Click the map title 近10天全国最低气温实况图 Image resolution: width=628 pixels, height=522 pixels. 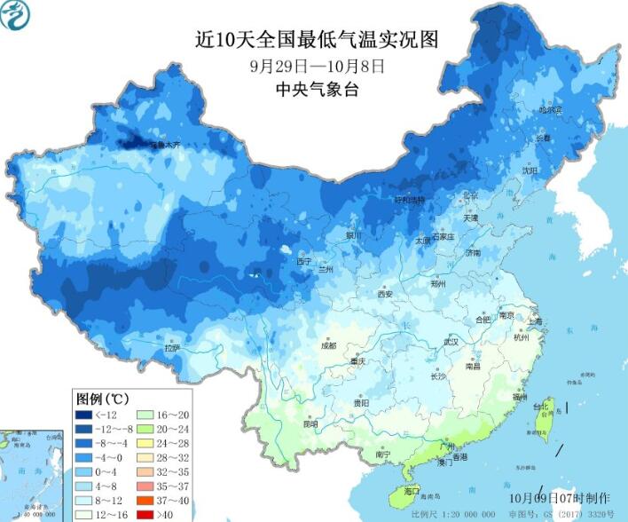[x=317, y=40]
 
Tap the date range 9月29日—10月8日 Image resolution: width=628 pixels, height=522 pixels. [x=317, y=66]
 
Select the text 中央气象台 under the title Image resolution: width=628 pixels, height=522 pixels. [x=317, y=89]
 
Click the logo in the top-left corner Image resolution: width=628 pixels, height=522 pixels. [x=16, y=14]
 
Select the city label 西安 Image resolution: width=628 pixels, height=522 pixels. [x=384, y=294]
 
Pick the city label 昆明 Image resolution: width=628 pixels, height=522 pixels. [x=310, y=424]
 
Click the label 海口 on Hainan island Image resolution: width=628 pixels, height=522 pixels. [x=411, y=491]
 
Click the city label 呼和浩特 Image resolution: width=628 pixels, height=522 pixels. [x=410, y=200]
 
